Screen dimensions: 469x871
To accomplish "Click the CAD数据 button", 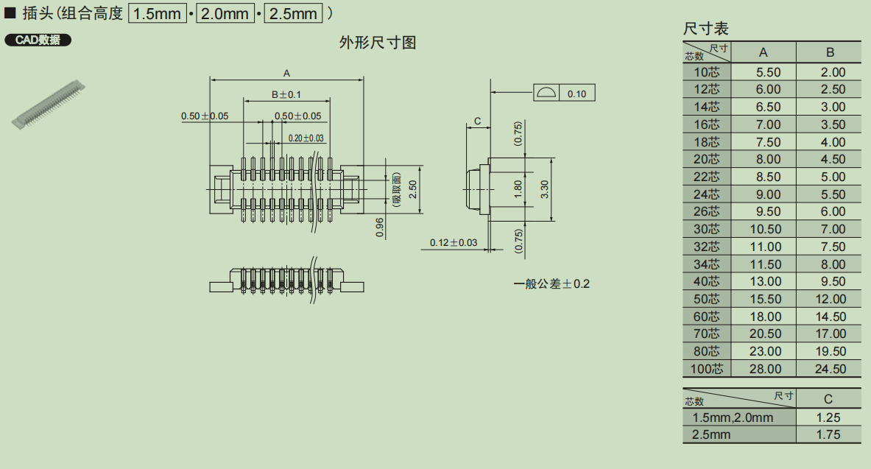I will click(38, 40).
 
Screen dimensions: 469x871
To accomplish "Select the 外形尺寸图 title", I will click(377, 43).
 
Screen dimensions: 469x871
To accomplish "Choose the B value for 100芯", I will click(830, 369).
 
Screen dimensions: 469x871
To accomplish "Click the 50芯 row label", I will click(706, 299).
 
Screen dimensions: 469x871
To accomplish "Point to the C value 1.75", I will click(828, 434).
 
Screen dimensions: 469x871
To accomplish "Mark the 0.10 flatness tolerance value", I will click(577, 94).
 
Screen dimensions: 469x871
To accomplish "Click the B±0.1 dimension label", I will click(286, 94).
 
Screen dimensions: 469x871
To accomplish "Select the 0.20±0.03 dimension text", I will click(306, 138).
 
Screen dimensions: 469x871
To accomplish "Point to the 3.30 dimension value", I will click(544, 189).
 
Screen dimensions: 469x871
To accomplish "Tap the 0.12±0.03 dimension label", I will click(454, 242).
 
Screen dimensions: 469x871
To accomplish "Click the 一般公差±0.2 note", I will click(551, 283).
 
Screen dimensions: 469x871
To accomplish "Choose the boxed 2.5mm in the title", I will click(293, 13).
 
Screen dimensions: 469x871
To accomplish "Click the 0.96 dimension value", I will click(380, 228).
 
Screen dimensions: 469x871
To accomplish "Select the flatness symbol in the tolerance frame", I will click(546, 93).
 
